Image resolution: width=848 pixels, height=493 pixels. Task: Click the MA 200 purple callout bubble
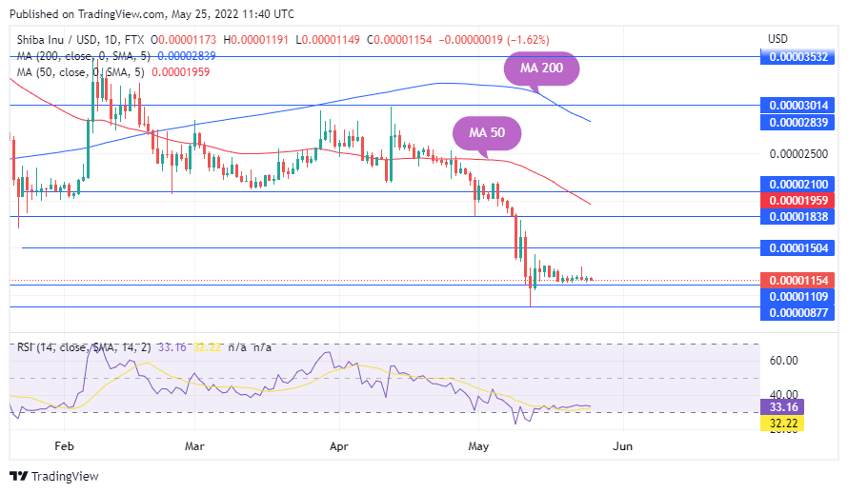(x=540, y=69)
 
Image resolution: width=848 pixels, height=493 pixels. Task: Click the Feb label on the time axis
(x=64, y=445)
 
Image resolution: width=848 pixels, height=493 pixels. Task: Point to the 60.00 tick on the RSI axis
(x=783, y=361)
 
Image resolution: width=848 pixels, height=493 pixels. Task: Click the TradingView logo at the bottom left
(x=54, y=476)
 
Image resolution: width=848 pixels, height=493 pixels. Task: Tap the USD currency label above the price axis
(x=777, y=39)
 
